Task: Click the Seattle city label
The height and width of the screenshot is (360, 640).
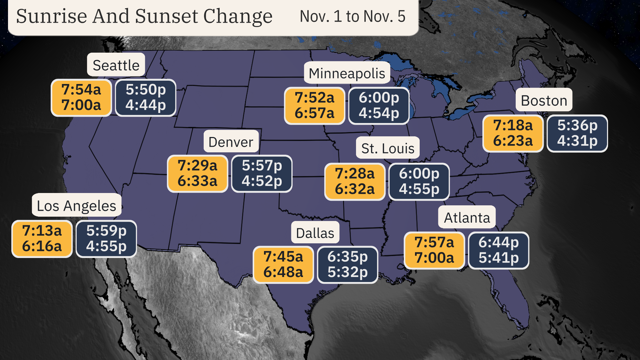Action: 116,65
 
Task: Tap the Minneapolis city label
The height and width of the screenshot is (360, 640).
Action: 347,73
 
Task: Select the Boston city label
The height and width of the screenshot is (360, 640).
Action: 544,100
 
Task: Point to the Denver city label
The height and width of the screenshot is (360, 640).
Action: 231,142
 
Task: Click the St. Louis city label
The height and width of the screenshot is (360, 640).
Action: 388,148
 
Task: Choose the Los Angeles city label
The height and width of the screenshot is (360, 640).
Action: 76,206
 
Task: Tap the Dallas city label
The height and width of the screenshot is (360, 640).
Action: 315,233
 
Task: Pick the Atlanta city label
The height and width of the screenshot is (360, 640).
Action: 467,218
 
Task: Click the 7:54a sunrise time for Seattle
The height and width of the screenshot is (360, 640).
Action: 81,90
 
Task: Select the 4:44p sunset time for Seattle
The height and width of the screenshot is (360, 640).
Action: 146,105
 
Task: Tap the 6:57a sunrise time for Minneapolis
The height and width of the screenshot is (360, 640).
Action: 314,113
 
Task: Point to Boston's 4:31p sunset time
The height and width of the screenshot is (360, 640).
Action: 577,141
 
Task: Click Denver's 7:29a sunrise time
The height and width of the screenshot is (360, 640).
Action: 197,165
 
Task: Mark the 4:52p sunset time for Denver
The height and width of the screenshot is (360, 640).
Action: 262,181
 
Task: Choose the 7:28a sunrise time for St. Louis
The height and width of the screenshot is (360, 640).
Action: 355,173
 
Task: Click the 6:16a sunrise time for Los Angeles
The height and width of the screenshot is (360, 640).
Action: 42,246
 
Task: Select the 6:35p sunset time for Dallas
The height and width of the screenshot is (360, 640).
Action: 347,257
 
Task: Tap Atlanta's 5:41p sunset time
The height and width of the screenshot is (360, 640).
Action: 499,258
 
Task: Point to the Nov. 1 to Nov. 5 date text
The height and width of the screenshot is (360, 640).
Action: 352,16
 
